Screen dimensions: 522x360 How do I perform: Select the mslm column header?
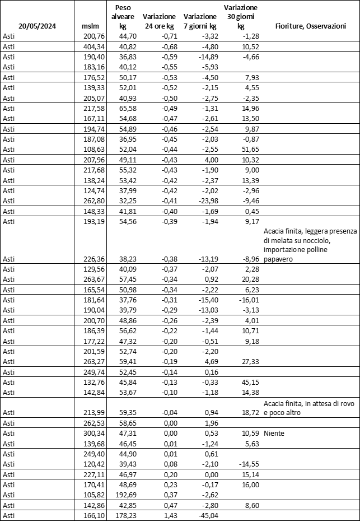point(90,26)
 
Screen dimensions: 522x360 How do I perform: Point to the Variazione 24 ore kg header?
point(159,21)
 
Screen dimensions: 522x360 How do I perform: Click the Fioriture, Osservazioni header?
point(310,26)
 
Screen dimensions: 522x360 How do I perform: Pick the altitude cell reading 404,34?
point(93,46)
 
